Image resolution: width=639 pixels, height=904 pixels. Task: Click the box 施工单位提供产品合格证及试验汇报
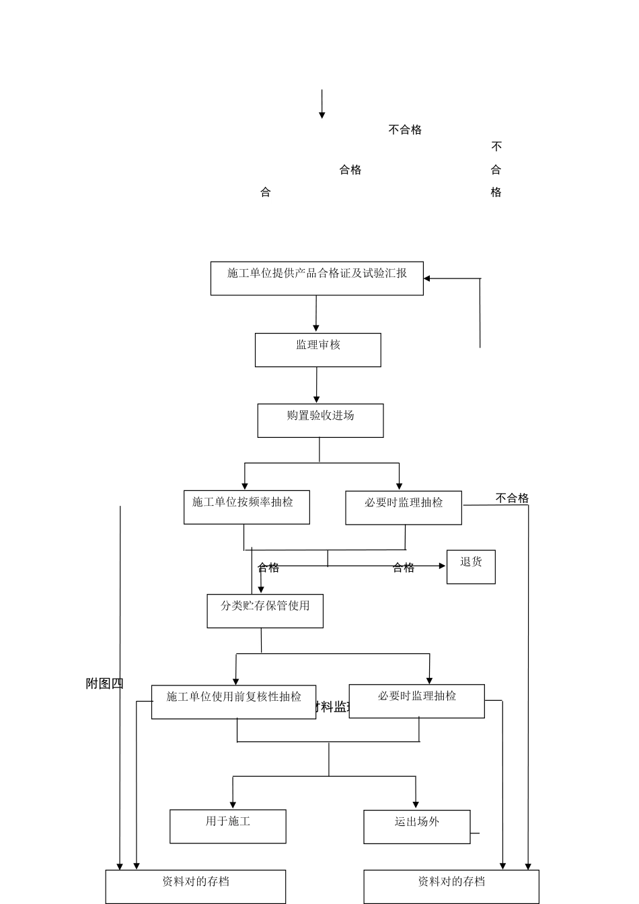coord(317,278)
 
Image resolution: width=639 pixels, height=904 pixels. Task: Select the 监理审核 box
coord(317,350)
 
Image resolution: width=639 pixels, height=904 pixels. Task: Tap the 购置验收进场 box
coord(320,420)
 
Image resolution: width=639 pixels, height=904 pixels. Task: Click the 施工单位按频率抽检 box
coord(247,507)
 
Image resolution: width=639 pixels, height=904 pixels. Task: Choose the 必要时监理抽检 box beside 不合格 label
coord(404,508)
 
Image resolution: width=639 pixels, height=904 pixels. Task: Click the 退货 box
coord(471,567)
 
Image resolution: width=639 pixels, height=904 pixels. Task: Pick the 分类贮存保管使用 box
coord(265,611)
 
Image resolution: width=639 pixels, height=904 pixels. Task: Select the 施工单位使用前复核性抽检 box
coord(233,702)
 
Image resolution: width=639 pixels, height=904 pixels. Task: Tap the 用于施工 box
coord(227,826)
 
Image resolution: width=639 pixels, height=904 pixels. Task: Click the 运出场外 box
coord(416,827)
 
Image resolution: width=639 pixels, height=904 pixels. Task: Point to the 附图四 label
coord(105,683)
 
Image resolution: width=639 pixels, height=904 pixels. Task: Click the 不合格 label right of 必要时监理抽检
coord(512,498)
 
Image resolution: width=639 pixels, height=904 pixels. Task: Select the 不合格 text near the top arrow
coord(405,130)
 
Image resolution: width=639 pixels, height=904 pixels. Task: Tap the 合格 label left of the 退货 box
coord(404,568)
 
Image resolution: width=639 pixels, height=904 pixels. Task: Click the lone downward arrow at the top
coord(322,105)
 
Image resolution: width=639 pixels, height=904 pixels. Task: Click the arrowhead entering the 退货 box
coord(442,566)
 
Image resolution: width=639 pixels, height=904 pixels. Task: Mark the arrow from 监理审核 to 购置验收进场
coord(317,385)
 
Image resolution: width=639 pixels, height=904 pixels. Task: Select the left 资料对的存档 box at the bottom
coord(195,887)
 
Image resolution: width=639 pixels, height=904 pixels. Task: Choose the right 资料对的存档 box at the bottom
coord(451,887)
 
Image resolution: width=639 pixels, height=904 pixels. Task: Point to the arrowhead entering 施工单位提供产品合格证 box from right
coord(427,278)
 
